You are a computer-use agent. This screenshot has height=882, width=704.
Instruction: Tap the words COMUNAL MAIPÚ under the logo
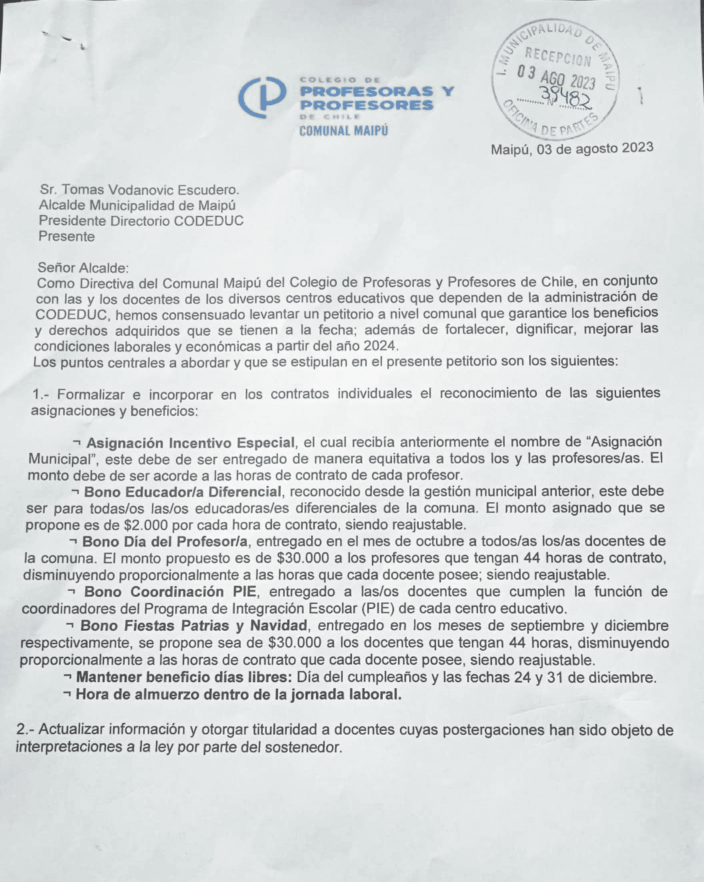343,131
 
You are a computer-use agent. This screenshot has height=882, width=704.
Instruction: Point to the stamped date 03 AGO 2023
556,76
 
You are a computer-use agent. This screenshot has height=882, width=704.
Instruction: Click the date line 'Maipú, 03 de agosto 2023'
572,149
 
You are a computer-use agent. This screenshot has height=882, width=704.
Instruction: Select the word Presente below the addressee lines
67,236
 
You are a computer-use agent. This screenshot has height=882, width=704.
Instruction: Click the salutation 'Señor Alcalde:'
82,268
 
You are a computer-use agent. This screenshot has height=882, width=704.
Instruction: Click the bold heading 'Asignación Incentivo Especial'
191,443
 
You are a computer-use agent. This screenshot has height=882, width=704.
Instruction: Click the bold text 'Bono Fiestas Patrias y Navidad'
193,626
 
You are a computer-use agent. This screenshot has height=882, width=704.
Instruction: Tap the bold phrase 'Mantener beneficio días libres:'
184,677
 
